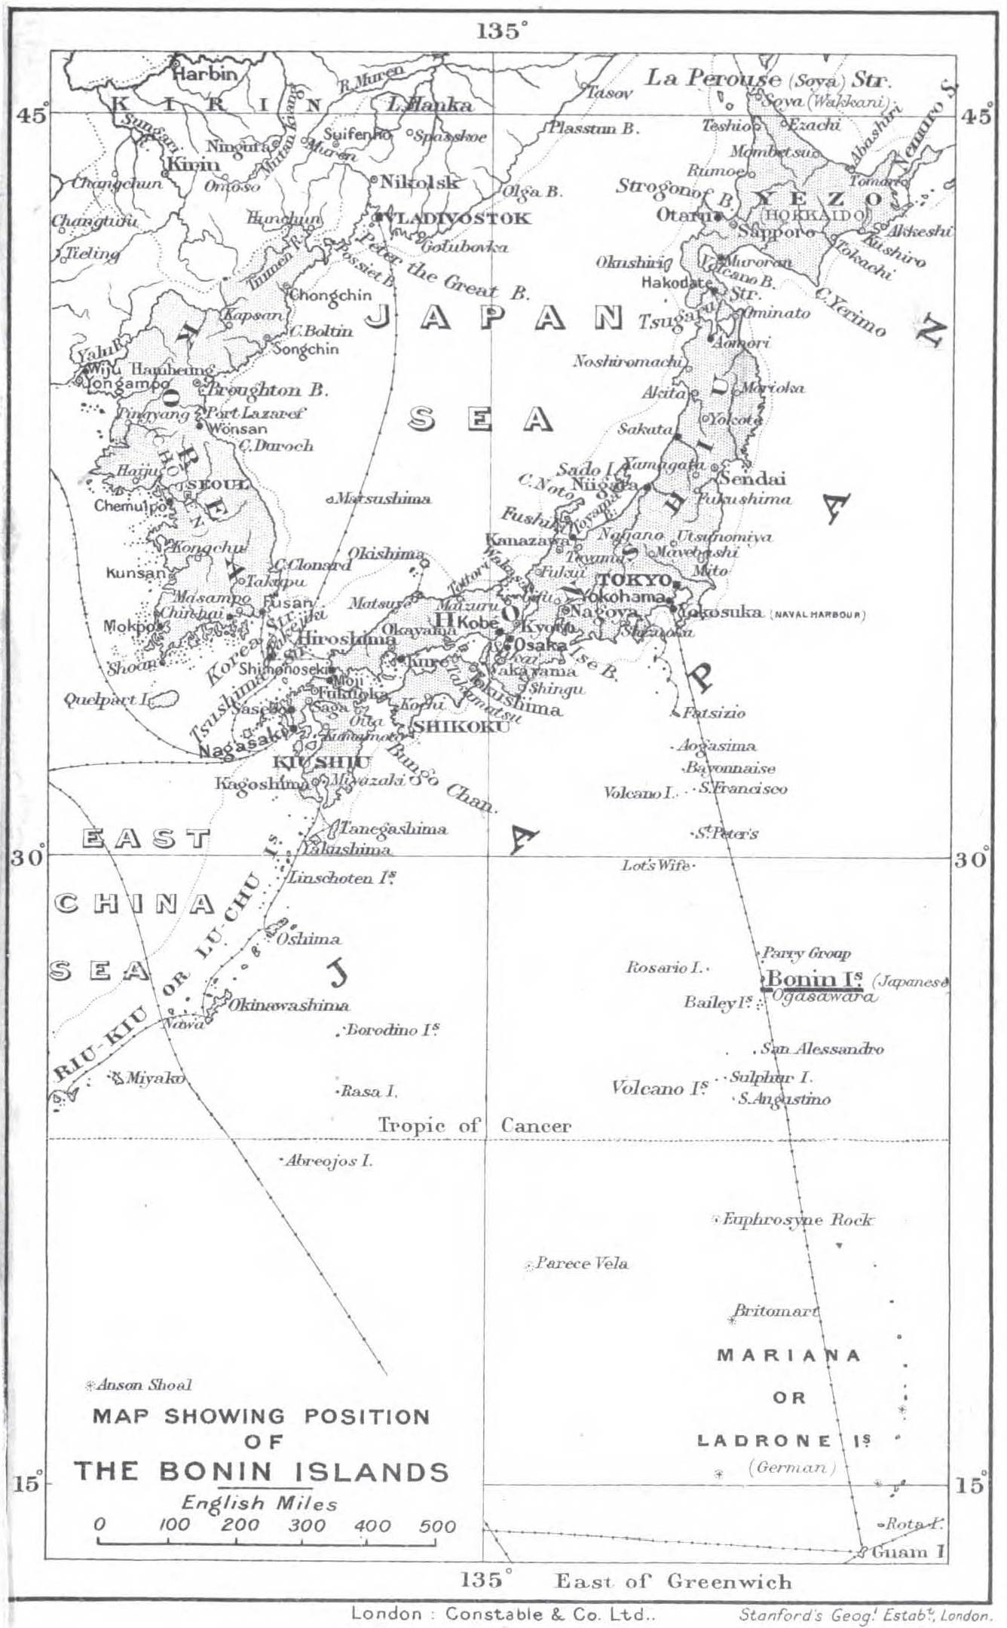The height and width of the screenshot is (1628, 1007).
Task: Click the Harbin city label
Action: (205, 74)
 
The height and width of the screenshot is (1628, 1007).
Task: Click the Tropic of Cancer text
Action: (474, 1126)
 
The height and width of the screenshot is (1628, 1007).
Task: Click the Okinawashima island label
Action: (289, 1005)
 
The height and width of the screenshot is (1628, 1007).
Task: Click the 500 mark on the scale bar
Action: (438, 1527)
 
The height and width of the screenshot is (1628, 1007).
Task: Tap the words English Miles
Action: (259, 1503)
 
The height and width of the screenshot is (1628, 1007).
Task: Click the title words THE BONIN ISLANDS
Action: (261, 1472)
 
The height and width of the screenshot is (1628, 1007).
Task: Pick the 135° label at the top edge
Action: (501, 32)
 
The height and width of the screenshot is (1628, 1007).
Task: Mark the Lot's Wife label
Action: (655, 866)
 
